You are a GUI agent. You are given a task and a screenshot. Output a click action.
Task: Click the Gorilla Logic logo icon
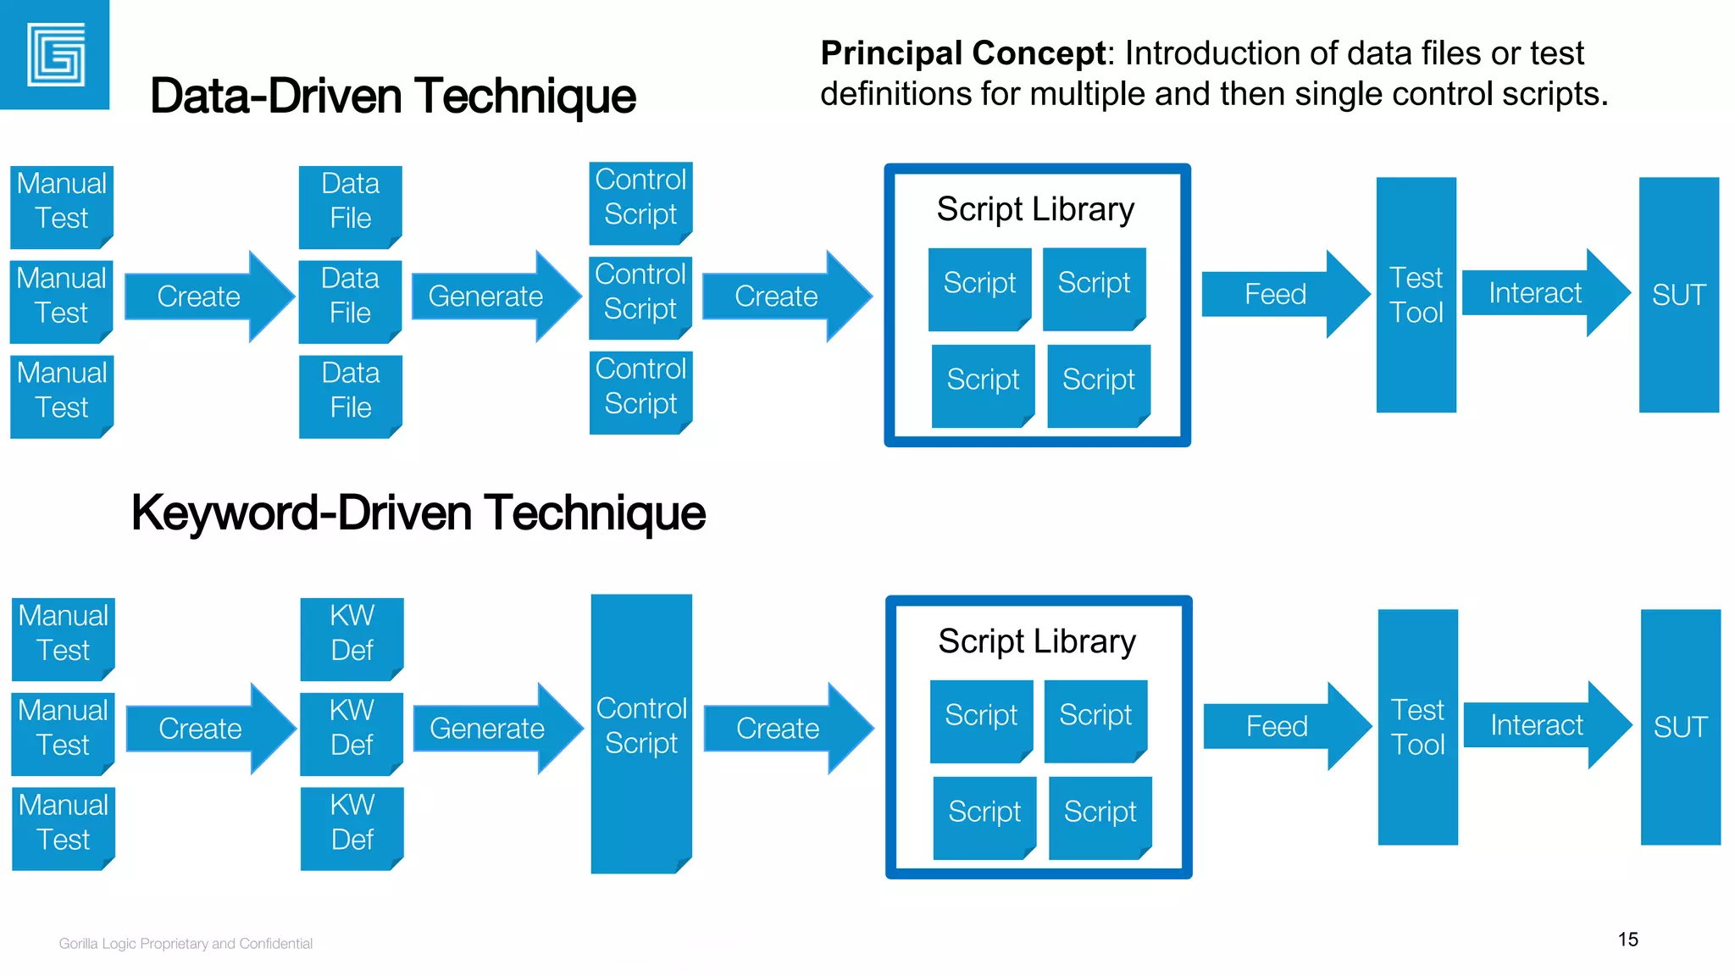click(55, 55)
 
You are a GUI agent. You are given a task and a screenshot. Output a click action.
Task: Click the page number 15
click(1627, 939)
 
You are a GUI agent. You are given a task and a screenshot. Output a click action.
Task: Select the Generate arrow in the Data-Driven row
click(491, 297)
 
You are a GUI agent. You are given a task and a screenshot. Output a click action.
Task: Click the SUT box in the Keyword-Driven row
click(1680, 727)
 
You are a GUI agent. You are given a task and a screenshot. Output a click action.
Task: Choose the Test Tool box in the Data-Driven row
click(1416, 295)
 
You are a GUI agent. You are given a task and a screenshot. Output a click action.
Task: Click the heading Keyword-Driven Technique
click(418, 513)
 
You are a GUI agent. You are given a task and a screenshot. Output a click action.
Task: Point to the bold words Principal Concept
click(963, 53)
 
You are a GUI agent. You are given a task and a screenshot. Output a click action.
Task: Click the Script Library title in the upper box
click(1035, 209)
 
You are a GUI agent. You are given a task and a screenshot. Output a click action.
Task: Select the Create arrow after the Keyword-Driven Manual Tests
click(203, 729)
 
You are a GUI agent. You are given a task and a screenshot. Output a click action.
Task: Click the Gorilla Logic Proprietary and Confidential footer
click(186, 944)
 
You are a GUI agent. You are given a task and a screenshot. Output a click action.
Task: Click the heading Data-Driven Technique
click(392, 96)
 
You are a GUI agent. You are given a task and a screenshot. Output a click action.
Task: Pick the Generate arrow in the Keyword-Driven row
click(491, 729)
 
